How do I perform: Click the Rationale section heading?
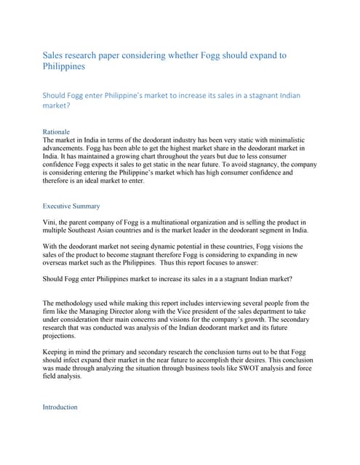pyautogui.click(x=57, y=131)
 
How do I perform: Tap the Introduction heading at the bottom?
pyautogui.click(x=60, y=407)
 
